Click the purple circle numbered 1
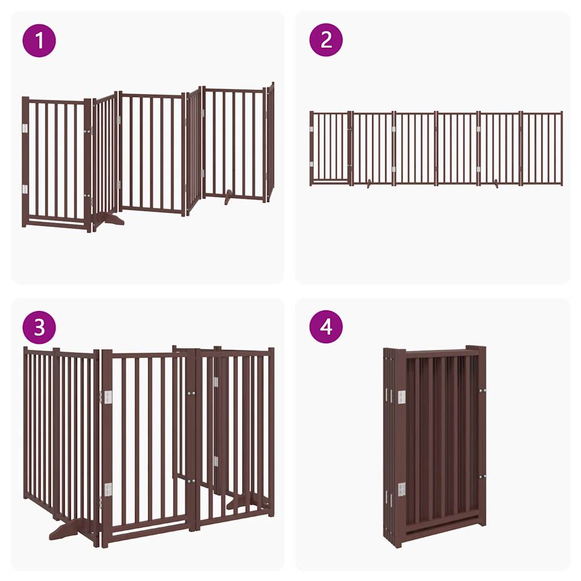39,40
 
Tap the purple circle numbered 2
326,40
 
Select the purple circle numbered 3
39,327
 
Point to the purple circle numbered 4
326,327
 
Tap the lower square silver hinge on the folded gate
402,489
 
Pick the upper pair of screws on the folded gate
482,390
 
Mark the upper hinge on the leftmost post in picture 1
24,129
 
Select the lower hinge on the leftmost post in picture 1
24,189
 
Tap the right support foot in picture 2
497,184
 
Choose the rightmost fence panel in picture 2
542,148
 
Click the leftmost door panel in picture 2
330,148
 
